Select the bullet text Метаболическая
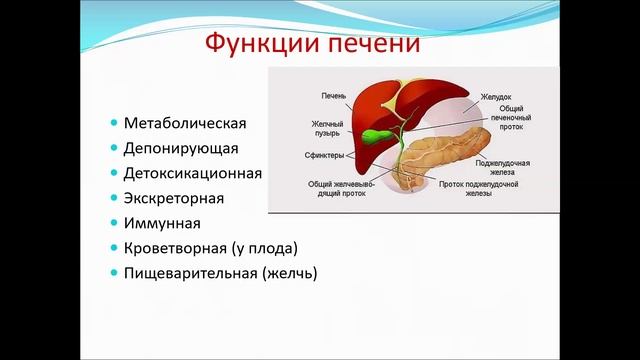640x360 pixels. (x=185, y=124)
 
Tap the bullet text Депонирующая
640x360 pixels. (x=181, y=149)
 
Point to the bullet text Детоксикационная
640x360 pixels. (x=193, y=173)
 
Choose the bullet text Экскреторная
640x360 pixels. (x=174, y=198)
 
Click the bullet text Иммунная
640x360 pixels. (x=162, y=223)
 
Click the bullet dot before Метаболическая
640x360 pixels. (x=114, y=125)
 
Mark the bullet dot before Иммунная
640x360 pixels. (x=114, y=223)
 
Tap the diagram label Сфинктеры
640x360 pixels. (x=324, y=155)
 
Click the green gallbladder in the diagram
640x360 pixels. (x=375, y=134)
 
